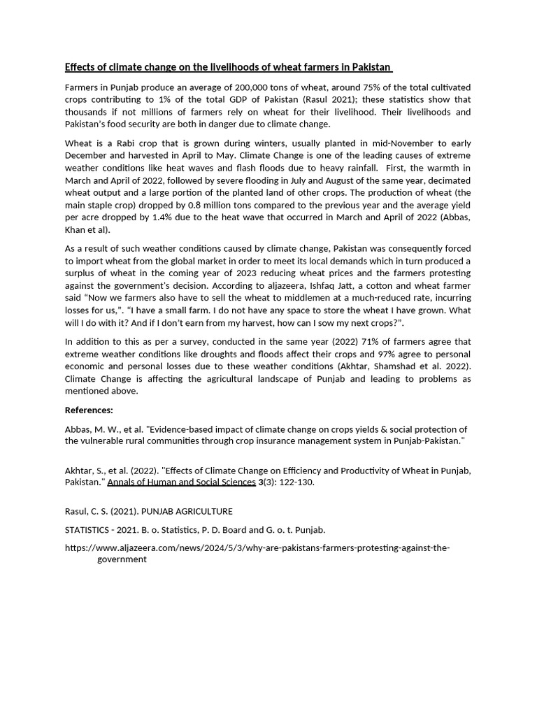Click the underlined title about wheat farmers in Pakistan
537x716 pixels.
229,67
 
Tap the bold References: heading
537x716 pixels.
89,410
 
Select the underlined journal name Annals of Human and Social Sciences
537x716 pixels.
181,482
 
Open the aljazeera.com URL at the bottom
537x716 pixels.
257,547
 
